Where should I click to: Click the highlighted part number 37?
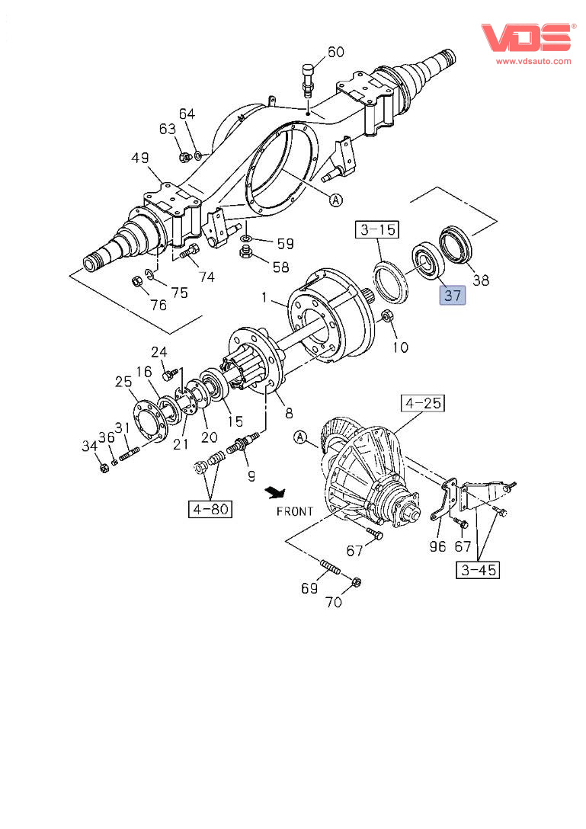452,295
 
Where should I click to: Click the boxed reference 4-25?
423,403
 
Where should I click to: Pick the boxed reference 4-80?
210,508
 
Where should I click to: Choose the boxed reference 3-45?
478,568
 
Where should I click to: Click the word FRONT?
295,511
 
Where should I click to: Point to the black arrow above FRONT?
273,491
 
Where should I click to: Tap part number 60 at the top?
336,52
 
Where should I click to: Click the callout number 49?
139,158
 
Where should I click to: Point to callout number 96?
437,546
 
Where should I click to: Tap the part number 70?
334,602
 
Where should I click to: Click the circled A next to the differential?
300,437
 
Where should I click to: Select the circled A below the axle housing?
335,200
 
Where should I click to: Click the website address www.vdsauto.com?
533,60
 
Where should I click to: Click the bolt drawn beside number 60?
308,79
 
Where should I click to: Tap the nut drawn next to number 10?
386,316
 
